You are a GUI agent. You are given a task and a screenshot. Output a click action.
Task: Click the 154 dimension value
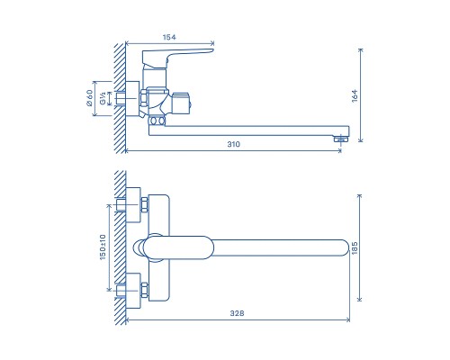click(x=169, y=37)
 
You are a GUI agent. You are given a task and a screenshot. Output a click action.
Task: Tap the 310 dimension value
click(x=234, y=144)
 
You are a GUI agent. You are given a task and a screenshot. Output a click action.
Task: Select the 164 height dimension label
click(x=355, y=95)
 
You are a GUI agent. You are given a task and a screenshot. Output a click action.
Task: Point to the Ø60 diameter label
click(x=89, y=98)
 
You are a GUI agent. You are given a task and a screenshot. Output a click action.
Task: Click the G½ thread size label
click(x=103, y=98)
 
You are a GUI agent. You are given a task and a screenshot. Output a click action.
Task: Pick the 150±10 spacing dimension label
click(x=103, y=247)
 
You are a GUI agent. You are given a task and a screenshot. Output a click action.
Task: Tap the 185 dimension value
click(x=355, y=248)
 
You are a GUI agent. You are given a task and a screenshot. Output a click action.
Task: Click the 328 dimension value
click(x=237, y=313)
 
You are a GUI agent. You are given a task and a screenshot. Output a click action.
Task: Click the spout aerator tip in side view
click(x=340, y=139)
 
